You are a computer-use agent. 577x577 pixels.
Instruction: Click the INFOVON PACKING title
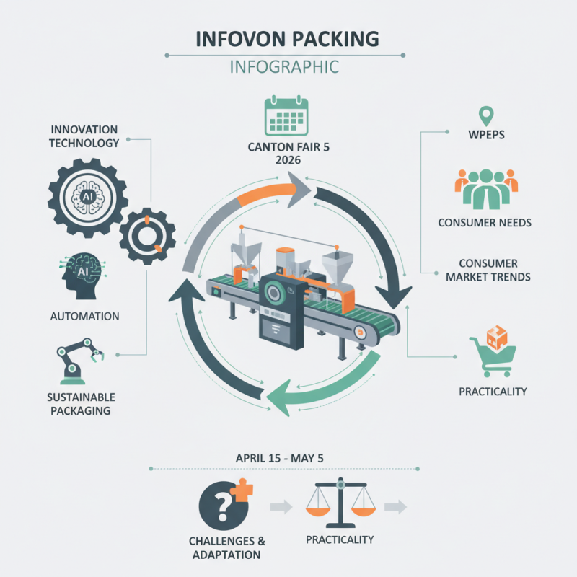[x=288, y=39]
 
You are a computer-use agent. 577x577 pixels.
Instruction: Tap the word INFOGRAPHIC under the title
[x=288, y=68]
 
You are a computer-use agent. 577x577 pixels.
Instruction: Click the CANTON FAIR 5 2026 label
[x=286, y=154]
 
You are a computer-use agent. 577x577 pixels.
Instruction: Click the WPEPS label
[x=485, y=135]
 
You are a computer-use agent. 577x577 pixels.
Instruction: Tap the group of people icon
[x=485, y=189]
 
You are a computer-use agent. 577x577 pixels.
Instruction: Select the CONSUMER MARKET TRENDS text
[x=485, y=270]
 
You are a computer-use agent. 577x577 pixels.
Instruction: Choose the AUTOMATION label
[x=85, y=316]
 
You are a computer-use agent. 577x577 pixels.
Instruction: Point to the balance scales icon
[x=339, y=503]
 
